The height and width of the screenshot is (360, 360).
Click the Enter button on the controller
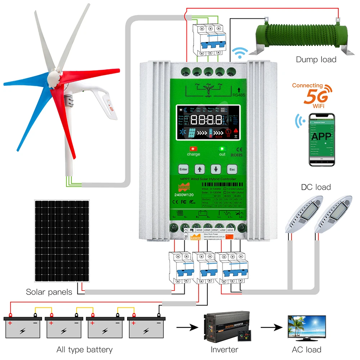click(x=183, y=169)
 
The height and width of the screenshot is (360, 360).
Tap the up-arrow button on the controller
click(x=199, y=169)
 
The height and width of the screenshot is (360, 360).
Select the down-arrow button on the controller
click(x=215, y=169)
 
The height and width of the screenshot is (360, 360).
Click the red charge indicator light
click(x=193, y=149)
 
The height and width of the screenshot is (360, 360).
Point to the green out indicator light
click(x=222, y=148)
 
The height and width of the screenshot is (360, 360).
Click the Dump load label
click(x=316, y=60)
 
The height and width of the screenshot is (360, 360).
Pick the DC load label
click(x=316, y=187)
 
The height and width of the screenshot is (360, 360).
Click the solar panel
click(x=62, y=241)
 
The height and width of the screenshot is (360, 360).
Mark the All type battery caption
click(x=84, y=349)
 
